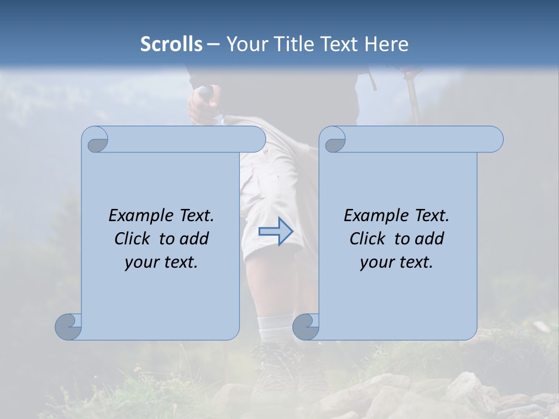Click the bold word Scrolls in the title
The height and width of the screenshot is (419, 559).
pyautogui.click(x=172, y=44)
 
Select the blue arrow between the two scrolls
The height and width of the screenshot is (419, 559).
pyautogui.click(x=275, y=231)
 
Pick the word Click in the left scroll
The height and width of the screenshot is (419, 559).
pyautogui.click(x=134, y=239)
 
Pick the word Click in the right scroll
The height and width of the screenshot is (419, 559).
pyautogui.click(x=369, y=239)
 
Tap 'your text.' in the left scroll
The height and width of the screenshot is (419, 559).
pyautogui.click(x=161, y=262)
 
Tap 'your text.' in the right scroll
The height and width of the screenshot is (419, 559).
pyautogui.click(x=397, y=262)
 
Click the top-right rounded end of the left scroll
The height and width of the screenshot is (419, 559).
pyautogui.click(x=256, y=139)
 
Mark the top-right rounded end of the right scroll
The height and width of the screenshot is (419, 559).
pyautogui.click(x=494, y=139)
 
